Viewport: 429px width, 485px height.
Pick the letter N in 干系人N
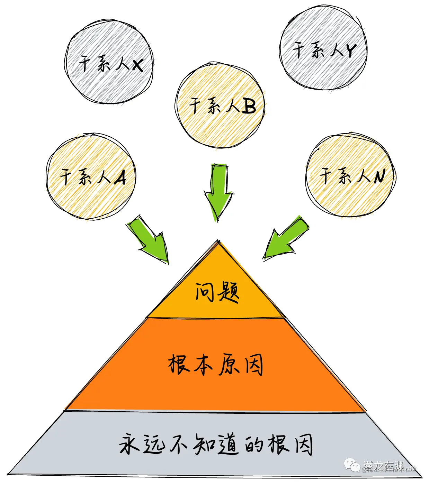click(x=379, y=176)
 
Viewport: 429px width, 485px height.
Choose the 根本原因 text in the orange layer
click(x=215, y=365)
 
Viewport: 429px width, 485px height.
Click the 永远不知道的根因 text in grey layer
click(x=215, y=444)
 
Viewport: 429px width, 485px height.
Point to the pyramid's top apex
click(x=218, y=241)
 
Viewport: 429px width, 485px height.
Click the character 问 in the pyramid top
click(x=205, y=292)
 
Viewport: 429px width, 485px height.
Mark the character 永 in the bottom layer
click(x=129, y=444)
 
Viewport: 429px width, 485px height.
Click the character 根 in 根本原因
click(x=179, y=364)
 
